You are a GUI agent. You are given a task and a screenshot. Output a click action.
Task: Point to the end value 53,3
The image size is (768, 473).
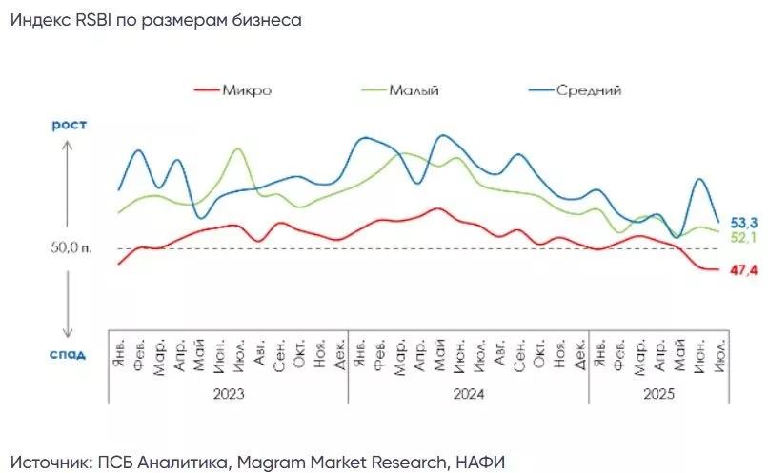click(x=743, y=222)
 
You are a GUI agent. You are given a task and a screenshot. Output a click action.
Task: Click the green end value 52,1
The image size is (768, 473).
click(x=743, y=236)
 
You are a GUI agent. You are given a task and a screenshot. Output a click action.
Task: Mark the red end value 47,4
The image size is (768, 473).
click(x=743, y=271)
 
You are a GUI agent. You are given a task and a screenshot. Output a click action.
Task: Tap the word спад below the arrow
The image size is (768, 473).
click(x=68, y=354)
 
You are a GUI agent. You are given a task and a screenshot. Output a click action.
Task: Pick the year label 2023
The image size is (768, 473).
click(x=228, y=393)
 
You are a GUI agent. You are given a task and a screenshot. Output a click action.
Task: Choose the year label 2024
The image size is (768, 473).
click(x=468, y=393)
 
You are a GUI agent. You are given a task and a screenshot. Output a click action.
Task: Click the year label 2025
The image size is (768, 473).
click(x=658, y=393)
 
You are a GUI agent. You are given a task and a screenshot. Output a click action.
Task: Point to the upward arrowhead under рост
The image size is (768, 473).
click(x=68, y=145)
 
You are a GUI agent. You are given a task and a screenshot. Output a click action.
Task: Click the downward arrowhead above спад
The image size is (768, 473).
click(x=68, y=333)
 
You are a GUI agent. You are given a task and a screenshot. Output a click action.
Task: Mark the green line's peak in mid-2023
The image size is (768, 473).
click(x=237, y=150)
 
